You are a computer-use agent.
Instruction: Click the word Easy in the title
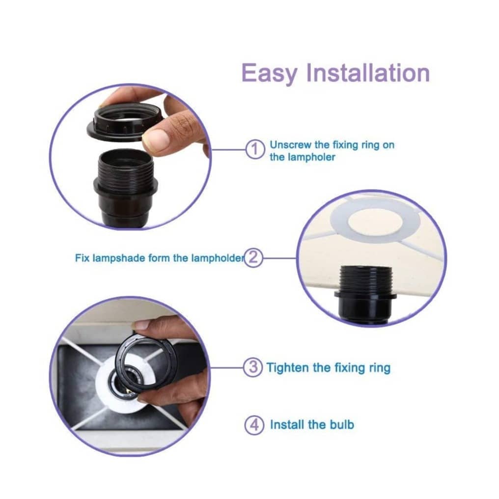point(270,74)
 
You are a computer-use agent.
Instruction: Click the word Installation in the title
point(368,73)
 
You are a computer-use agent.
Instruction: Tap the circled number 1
point(255,149)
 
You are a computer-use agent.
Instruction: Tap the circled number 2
point(253,257)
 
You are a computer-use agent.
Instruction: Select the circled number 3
point(253,367)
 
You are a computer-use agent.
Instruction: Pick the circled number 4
point(254,425)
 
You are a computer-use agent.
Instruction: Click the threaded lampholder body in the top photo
point(126,188)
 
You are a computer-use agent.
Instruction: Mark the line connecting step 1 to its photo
point(228,149)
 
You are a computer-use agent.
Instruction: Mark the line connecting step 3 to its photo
point(226,367)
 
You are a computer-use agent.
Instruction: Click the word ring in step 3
point(380,368)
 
